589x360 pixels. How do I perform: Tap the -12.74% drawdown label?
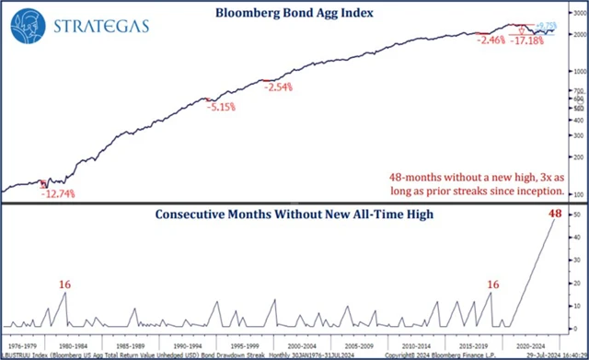(58, 193)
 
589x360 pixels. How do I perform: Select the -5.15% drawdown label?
(220, 108)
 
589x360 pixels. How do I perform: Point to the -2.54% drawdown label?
(279, 87)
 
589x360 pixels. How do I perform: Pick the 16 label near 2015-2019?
(493, 285)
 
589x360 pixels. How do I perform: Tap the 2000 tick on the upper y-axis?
(579, 35)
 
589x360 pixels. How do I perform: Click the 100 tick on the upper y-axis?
(578, 195)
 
